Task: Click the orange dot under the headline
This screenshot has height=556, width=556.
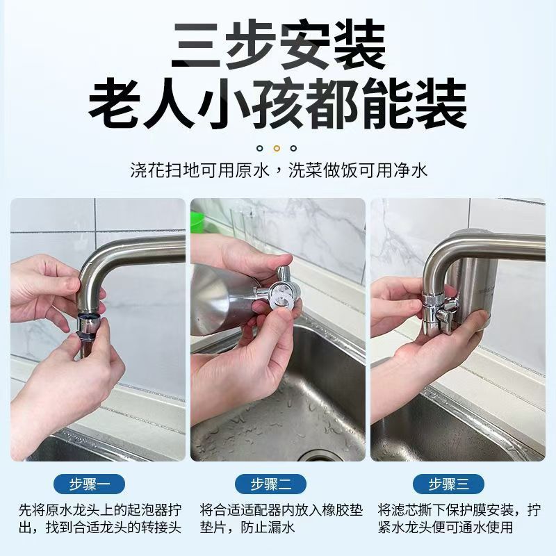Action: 277,148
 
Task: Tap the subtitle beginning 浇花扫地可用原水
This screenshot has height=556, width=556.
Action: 278,170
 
